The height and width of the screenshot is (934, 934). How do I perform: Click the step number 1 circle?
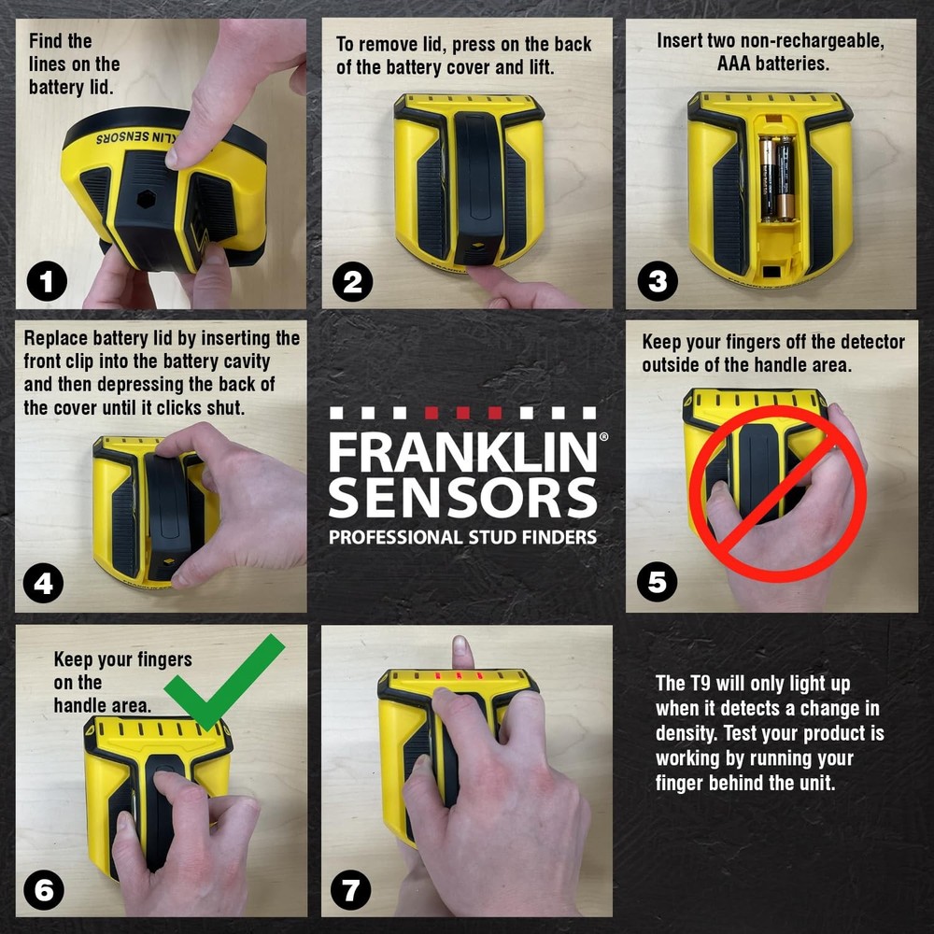46,281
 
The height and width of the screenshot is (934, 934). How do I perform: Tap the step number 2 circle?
351,281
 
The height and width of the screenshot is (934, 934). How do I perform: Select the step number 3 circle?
657,281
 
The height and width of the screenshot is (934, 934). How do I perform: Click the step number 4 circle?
44,584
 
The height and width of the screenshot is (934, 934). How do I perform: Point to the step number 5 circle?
657,584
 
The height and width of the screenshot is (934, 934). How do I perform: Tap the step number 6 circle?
44,889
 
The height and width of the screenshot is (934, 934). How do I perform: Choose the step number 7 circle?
351,889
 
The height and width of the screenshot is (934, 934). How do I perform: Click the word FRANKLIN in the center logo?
461,453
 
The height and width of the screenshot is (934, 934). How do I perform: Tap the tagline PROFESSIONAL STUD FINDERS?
461,537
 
